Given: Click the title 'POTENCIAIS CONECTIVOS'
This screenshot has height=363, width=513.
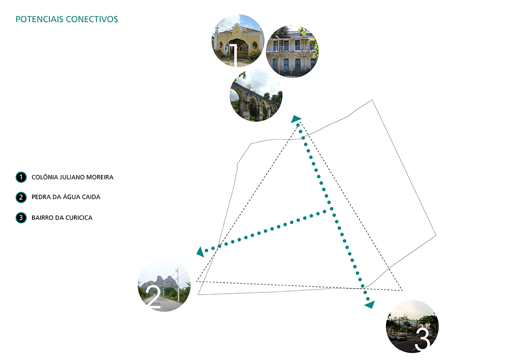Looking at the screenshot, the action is [x=66, y=19].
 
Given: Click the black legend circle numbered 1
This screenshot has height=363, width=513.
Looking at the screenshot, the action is [x=21, y=177].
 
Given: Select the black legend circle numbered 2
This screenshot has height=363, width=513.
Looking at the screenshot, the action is [x=21, y=197].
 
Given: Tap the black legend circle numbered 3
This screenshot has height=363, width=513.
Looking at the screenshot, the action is [x=21, y=218].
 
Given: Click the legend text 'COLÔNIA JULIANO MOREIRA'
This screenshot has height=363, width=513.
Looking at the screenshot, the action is [x=72, y=177].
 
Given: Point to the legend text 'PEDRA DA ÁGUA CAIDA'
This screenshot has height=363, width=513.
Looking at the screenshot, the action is [x=66, y=197].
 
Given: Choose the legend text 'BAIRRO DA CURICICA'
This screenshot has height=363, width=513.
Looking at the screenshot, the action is [x=62, y=218].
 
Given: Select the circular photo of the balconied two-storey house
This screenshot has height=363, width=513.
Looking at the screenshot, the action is [x=292, y=51].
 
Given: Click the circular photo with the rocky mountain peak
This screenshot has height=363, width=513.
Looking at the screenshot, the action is [x=164, y=285].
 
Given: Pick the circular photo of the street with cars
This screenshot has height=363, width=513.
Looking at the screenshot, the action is [x=412, y=327].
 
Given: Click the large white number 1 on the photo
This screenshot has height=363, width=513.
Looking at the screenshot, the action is [x=233, y=54].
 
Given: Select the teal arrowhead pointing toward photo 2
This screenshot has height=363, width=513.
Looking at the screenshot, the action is [x=200, y=252].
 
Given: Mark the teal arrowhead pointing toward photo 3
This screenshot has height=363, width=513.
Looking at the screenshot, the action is [x=369, y=304].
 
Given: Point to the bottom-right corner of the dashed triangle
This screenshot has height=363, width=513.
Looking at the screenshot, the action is [x=402, y=290].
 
